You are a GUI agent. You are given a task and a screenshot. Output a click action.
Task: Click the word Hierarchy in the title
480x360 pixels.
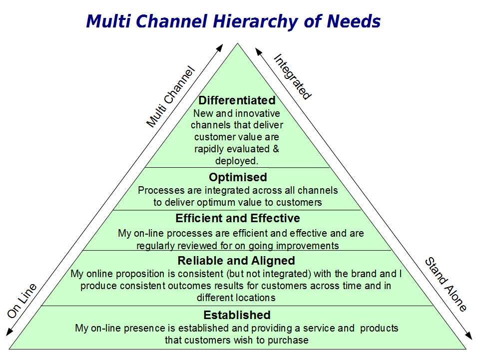point(255,22)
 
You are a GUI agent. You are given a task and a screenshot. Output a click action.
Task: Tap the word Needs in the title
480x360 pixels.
point(353,21)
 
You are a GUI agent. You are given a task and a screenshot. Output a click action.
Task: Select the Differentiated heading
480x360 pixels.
point(237,100)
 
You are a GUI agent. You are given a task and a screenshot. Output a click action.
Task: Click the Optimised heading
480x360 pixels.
point(238,177)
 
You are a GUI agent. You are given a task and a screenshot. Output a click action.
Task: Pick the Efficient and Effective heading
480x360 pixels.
point(238,218)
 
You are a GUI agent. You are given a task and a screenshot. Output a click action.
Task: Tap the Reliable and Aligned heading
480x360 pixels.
point(236,261)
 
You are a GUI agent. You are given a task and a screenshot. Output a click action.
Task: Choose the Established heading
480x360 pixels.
point(237,315)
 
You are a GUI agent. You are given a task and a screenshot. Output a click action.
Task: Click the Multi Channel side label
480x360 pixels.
point(170,96)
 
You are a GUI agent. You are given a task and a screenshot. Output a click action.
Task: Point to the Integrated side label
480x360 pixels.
point(292,76)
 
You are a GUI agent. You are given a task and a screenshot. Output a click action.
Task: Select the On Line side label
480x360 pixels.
point(22,301)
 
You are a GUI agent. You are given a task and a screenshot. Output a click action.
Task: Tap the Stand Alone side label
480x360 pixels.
point(446,284)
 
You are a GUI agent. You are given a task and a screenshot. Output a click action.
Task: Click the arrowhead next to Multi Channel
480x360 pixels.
point(220,48)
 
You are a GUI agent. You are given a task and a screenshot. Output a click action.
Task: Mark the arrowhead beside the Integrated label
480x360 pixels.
point(259,52)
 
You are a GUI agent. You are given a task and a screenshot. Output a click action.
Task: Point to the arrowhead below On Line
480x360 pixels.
point(9,332)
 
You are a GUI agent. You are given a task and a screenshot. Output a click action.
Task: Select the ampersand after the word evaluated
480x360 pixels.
point(276,149)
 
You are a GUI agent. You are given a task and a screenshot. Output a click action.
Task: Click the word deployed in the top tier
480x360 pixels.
point(235,161)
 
